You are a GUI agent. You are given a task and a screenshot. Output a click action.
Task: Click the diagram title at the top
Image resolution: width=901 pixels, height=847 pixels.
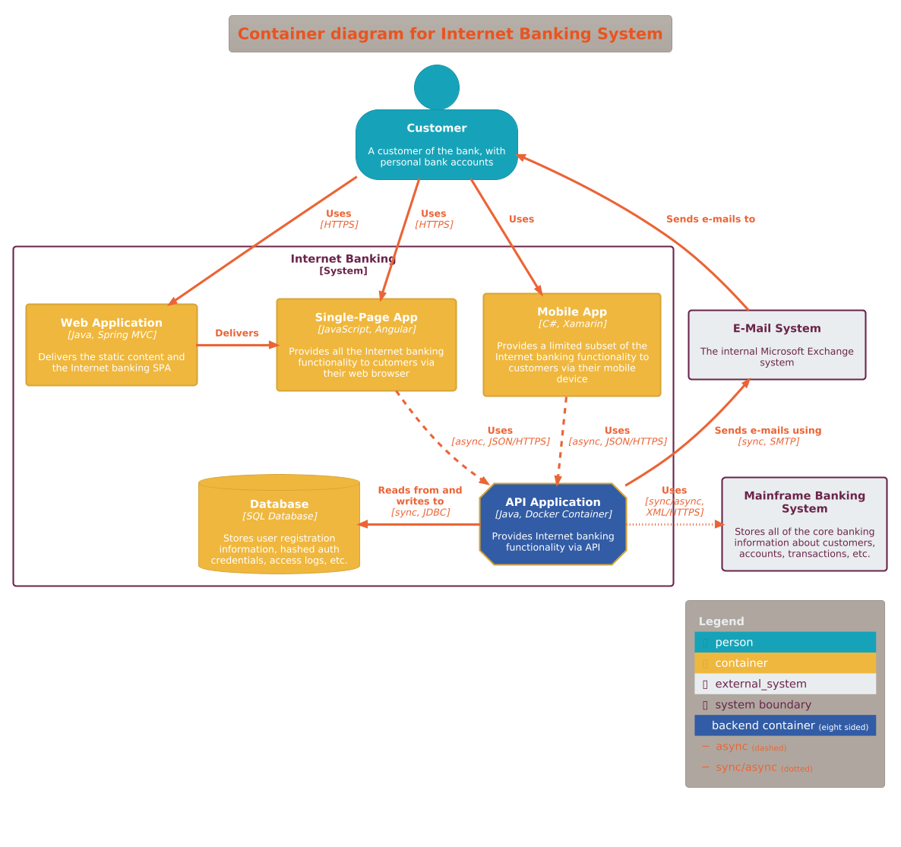(x=450, y=34)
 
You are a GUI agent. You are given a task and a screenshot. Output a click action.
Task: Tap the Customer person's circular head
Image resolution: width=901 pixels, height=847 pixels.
(x=437, y=87)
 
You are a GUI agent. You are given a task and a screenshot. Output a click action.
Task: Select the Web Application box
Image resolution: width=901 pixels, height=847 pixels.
(x=112, y=345)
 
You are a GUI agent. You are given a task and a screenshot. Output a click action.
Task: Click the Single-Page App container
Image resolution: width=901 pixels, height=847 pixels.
(x=366, y=345)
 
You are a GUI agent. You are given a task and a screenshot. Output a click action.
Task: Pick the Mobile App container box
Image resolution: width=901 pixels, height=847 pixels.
(x=572, y=345)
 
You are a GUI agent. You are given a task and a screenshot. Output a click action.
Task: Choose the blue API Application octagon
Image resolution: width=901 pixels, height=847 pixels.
(x=553, y=524)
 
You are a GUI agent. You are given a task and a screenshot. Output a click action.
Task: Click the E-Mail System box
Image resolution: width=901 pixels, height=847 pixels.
(x=776, y=345)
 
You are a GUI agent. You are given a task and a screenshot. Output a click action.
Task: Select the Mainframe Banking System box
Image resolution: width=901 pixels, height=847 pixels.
(x=804, y=524)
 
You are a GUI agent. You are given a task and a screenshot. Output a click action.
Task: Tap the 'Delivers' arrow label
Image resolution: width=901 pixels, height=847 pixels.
(x=237, y=333)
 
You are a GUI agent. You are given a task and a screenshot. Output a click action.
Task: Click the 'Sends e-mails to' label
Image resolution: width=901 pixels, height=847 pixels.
(x=710, y=219)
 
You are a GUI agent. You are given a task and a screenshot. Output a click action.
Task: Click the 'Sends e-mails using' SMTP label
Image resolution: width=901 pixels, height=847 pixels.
(x=768, y=435)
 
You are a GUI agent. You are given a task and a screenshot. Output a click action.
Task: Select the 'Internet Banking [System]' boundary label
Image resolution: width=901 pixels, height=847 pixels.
(x=343, y=264)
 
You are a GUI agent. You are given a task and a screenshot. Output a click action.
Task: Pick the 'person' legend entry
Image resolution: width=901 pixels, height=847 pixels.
(x=785, y=642)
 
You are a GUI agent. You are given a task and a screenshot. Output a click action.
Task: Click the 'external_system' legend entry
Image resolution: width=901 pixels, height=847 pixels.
(x=785, y=684)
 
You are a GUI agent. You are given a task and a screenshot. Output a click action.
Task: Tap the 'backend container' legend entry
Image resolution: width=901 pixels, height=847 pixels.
(x=785, y=725)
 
